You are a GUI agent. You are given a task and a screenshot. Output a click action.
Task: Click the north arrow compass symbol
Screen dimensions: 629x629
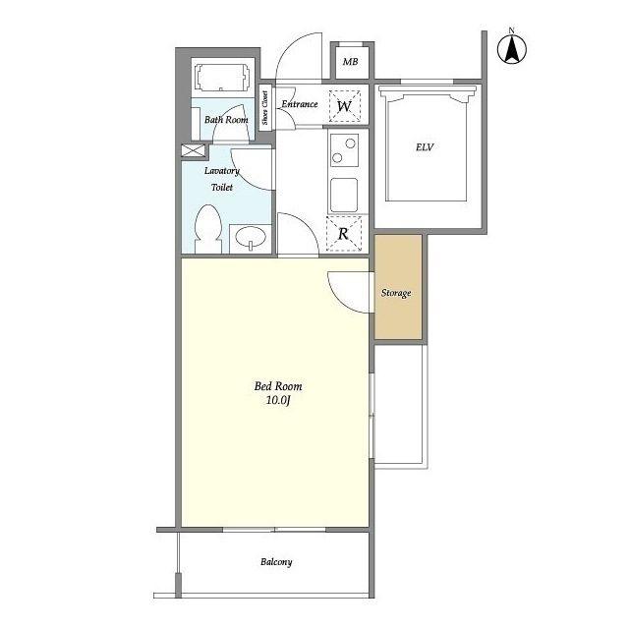(512, 48)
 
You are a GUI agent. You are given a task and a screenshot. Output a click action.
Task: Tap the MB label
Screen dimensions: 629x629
(350, 62)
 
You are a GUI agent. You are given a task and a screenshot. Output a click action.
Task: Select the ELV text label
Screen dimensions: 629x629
(425, 147)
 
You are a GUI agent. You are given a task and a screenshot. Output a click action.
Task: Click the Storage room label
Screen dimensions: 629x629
(396, 293)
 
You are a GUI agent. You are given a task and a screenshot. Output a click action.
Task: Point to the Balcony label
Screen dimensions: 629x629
(276, 561)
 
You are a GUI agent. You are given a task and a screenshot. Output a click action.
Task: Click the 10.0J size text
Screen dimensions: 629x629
(278, 400)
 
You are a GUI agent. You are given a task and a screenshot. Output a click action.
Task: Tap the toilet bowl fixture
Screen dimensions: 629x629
(208, 229)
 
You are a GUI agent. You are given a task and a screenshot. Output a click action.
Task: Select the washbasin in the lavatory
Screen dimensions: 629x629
(251, 238)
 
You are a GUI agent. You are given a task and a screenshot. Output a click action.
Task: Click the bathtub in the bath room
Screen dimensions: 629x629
(223, 77)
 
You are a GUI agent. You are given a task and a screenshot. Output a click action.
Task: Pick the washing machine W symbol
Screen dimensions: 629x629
(345, 106)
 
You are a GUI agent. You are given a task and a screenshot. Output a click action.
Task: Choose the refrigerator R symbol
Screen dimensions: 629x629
(343, 234)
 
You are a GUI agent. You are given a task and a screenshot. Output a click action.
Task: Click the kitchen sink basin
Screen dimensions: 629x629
(344, 195)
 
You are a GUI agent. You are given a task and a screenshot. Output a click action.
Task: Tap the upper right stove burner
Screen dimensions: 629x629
(350, 143)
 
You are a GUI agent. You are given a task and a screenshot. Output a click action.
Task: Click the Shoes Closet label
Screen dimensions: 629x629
(264, 107)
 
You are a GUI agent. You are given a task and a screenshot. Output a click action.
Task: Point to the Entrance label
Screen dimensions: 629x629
(300, 104)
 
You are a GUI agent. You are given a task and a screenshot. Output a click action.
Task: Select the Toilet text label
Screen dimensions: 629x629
(222, 187)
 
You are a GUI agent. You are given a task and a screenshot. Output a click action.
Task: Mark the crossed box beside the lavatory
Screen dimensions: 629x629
(194, 150)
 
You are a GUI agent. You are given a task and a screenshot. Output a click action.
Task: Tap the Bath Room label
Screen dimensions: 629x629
(226, 120)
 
